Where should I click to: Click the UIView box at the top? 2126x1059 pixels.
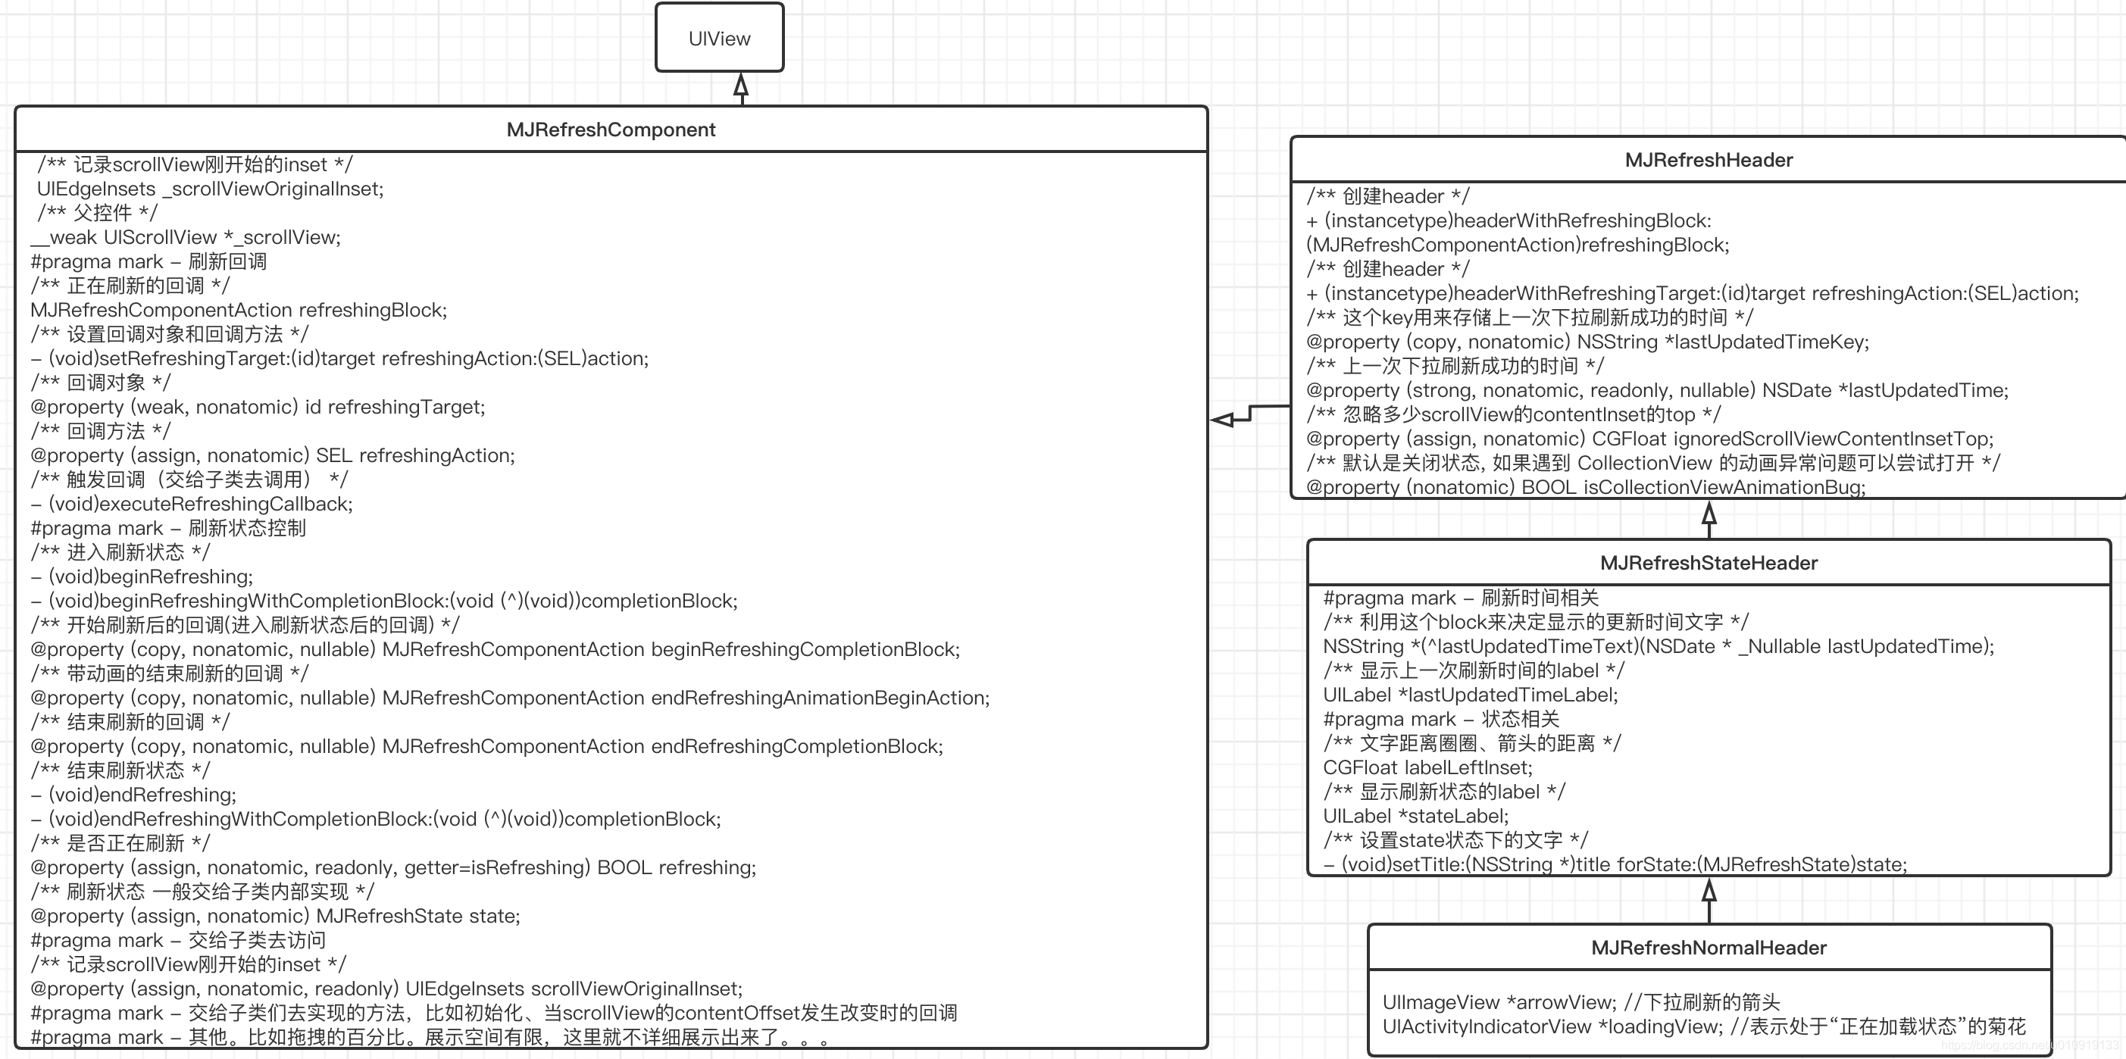point(719,38)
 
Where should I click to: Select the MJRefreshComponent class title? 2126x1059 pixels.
point(611,130)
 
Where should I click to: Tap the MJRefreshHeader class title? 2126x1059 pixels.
point(1709,160)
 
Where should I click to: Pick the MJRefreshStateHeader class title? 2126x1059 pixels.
point(1709,563)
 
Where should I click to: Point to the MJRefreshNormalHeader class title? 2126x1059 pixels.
point(1709,948)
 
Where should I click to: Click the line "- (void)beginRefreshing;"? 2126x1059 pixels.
point(142,577)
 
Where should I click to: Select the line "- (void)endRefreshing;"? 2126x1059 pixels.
point(133,795)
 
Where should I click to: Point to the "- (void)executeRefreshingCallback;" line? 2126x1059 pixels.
point(192,505)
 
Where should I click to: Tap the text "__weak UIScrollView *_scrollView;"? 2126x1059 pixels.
point(186,238)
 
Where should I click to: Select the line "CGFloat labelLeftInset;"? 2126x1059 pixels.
point(1427,767)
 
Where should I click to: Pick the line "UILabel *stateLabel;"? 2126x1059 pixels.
point(1416,817)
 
